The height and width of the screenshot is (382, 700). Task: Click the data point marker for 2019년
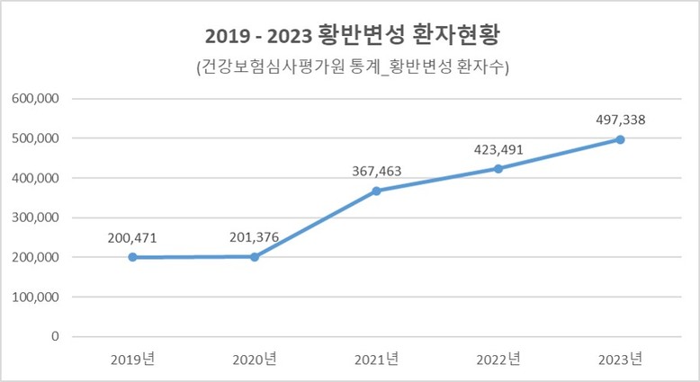pos(133,257)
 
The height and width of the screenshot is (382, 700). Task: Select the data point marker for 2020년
pos(255,257)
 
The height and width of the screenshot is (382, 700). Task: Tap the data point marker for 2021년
pos(376,191)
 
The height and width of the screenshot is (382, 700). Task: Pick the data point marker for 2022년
pos(498,169)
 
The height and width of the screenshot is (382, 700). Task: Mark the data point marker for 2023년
pos(620,139)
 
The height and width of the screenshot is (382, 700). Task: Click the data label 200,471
pos(133,237)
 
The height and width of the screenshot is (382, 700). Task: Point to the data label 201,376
pos(255,237)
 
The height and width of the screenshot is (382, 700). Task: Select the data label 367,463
pos(376,171)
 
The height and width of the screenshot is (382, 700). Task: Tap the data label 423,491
pos(498,149)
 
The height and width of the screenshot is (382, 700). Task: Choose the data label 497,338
pos(620,120)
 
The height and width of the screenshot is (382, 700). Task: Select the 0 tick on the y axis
pos(56,336)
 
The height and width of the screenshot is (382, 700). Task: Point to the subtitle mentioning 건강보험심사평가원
pos(350,68)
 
